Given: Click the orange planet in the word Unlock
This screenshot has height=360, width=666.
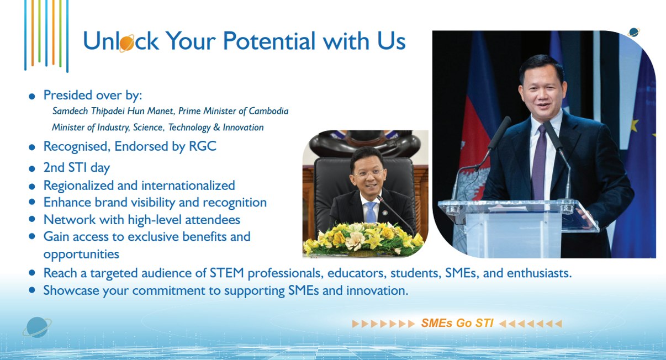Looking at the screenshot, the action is pyautogui.click(x=126, y=44).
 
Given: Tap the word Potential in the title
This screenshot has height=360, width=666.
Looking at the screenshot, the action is pyautogui.click(x=269, y=41).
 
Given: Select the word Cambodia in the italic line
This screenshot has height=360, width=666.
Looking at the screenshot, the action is pyautogui.click(x=268, y=111).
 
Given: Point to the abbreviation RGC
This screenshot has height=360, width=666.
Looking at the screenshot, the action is pyautogui.click(x=203, y=146).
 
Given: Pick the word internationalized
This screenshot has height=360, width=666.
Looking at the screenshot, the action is pyautogui.click(x=188, y=186).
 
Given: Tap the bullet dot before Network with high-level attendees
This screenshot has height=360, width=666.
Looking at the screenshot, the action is pyautogui.click(x=32, y=219).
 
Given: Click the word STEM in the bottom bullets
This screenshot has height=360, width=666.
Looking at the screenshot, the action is pyautogui.click(x=227, y=273).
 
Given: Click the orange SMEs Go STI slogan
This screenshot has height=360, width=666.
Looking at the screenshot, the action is pyautogui.click(x=457, y=323).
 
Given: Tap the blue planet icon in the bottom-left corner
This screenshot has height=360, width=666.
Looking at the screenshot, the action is pyautogui.click(x=37, y=327).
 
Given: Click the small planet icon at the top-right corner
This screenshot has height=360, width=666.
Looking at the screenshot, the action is pyautogui.click(x=633, y=32).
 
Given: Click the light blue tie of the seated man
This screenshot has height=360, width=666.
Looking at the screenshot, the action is pyautogui.click(x=371, y=212).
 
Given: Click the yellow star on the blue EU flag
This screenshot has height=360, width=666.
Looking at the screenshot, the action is pyautogui.click(x=635, y=125).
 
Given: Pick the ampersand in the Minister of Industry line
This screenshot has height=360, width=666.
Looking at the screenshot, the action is pyautogui.click(x=216, y=127).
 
